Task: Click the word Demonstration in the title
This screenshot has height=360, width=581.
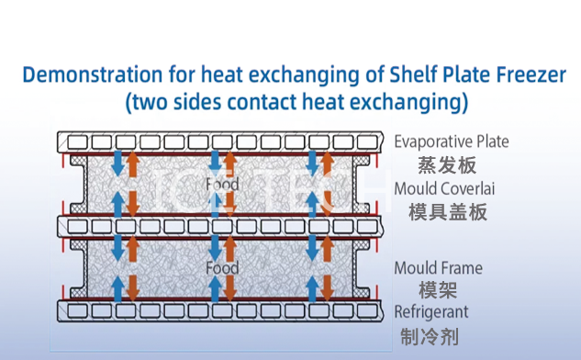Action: point(93,74)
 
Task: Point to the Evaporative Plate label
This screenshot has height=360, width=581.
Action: point(452,142)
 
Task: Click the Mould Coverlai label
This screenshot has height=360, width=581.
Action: point(444,188)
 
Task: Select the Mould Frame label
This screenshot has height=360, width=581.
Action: point(438,268)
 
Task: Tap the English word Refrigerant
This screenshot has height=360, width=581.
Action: point(431,312)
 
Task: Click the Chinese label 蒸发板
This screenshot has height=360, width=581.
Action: point(447,165)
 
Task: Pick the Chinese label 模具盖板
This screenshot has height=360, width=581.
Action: point(448,212)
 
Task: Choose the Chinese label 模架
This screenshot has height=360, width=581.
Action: point(438,290)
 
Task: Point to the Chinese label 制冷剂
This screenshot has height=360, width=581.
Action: point(430,337)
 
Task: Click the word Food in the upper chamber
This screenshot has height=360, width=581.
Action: point(222,185)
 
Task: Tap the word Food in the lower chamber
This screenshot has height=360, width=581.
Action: point(222,268)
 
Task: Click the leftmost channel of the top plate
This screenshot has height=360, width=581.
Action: point(77,142)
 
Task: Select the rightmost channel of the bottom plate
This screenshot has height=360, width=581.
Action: point(367,310)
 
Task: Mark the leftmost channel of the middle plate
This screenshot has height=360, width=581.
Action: point(77,227)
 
